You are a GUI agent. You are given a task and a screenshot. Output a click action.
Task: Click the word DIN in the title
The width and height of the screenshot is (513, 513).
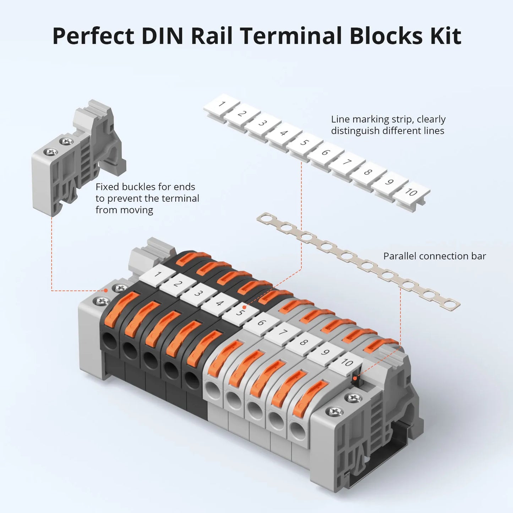[x=162, y=36]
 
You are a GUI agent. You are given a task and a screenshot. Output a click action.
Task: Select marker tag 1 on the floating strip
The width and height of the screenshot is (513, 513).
[x=222, y=104]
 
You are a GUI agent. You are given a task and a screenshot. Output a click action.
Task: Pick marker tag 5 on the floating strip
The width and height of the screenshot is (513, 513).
[x=304, y=142]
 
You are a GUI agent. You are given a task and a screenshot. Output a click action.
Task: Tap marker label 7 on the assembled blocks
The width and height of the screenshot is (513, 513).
[x=283, y=333]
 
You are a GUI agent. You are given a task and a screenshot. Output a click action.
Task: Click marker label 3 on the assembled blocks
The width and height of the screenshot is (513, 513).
[x=198, y=293]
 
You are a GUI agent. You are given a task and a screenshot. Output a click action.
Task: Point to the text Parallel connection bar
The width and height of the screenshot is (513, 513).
[x=434, y=256]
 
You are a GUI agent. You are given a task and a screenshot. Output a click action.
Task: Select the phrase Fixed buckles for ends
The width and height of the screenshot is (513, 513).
[x=145, y=187]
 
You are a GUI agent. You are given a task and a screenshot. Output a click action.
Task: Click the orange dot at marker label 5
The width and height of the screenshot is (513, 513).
[x=244, y=307]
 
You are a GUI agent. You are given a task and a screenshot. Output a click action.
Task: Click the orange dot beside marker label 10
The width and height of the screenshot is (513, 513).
[x=354, y=378]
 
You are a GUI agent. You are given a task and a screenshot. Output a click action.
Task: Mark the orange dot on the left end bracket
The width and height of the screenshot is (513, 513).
[x=105, y=290]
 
